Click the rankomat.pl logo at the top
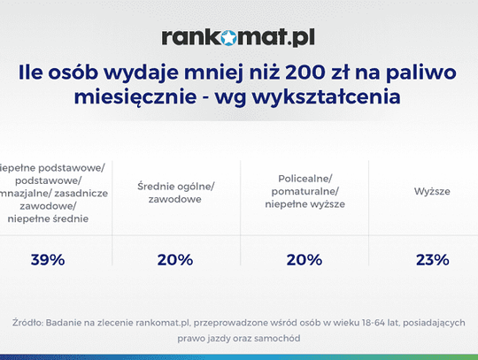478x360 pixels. (x=238, y=37)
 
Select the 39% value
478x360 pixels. (x=50, y=259)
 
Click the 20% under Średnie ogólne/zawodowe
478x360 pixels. (x=175, y=259)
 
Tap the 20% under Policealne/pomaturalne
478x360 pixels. (x=303, y=259)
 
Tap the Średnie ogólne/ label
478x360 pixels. (x=175, y=185)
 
